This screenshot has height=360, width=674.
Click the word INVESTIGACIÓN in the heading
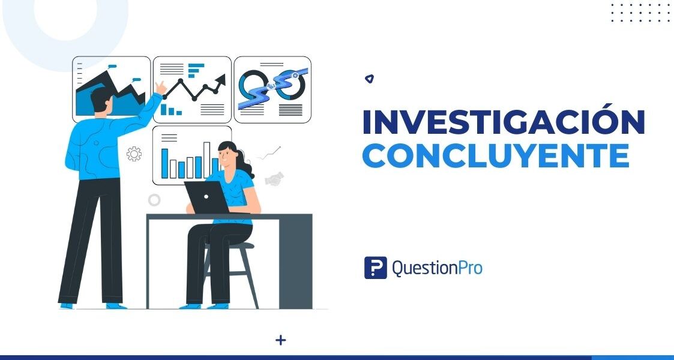click(x=503, y=122)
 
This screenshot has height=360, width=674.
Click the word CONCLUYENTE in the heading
click(x=496, y=155)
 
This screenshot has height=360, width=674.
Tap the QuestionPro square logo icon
click(x=375, y=268)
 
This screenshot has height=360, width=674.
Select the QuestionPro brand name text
click(x=437, y=268)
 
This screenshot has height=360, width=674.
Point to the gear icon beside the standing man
click(x=134, y=154)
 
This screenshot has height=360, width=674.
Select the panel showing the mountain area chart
click(x=111, y=89)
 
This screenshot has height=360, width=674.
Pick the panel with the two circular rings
click(x=272, y=89)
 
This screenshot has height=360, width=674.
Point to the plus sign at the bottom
click(x=280, y=340)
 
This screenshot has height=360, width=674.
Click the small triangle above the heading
click(x=370, y=79)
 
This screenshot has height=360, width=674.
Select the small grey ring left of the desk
click(x=154, y=200)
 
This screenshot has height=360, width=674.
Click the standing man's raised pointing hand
click(x=160, y=88)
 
